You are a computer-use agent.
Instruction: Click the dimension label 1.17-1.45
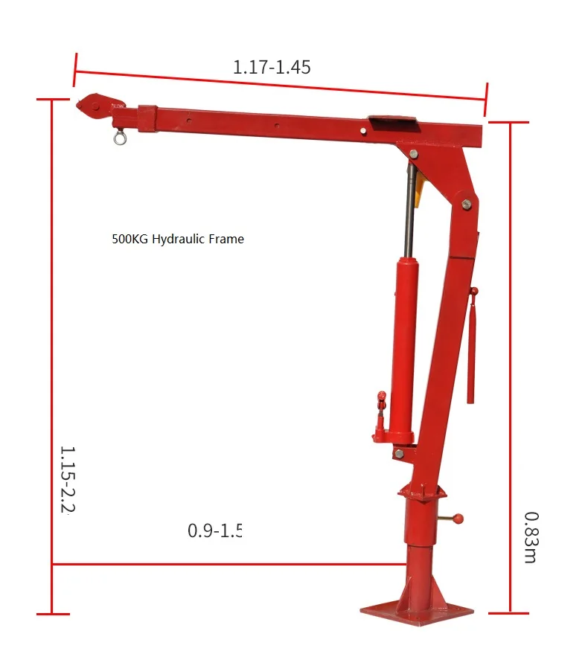click(x=272, y=67)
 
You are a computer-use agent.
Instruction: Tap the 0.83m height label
click(x=530, y=536)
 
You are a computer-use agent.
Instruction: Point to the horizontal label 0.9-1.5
click(x=215, y=530)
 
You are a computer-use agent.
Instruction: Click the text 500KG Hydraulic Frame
click(x=178, y=240)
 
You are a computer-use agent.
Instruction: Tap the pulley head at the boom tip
click(x=92, y=106)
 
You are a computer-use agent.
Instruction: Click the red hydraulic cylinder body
click(x=403, y=350)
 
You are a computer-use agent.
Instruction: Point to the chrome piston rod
click(x=409, y=212)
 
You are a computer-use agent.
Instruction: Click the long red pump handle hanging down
click(x=470, y=350)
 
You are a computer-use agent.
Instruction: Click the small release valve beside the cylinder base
click(x=380, y=417)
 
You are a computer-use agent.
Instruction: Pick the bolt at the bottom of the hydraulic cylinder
click(x=400, y=452)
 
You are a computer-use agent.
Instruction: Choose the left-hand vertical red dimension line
click(x=52, y=357)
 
